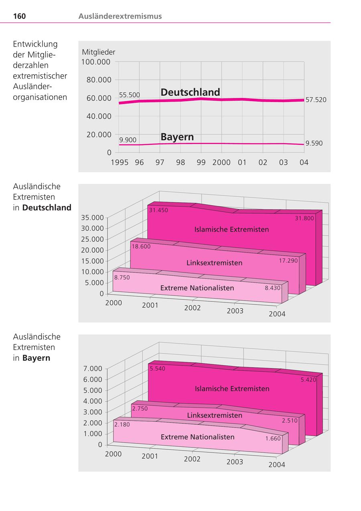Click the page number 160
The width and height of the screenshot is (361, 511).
tap(19, 16)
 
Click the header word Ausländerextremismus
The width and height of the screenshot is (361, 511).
tap(120, 16)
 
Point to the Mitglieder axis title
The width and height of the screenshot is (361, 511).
tap(98, 52)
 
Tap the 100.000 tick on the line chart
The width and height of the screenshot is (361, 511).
tap(96, 62)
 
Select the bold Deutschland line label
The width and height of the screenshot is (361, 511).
tap(190, 92)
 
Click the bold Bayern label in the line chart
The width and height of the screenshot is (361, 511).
tap(177, 136)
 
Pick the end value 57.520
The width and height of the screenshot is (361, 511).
tap(316, 100)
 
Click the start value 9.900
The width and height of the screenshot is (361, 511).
tap(128, 140)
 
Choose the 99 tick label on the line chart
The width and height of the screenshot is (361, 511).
tap(201, 162)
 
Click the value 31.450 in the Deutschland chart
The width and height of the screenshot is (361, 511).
tap(158, 210)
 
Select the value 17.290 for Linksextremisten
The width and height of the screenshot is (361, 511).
tap(288, 261)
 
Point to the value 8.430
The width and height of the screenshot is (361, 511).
tap(272, 288)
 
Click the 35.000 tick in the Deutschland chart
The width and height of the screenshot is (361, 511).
tap(93, 218)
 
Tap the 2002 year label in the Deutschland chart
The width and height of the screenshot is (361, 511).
tap(192, 308)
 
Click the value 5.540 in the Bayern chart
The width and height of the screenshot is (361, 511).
tap(158, 368)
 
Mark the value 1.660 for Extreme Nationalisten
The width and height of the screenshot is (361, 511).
tap(273, 438)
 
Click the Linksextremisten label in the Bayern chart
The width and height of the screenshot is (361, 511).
tap(215, 415)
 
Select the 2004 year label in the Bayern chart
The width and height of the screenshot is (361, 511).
tap(277, 464)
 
